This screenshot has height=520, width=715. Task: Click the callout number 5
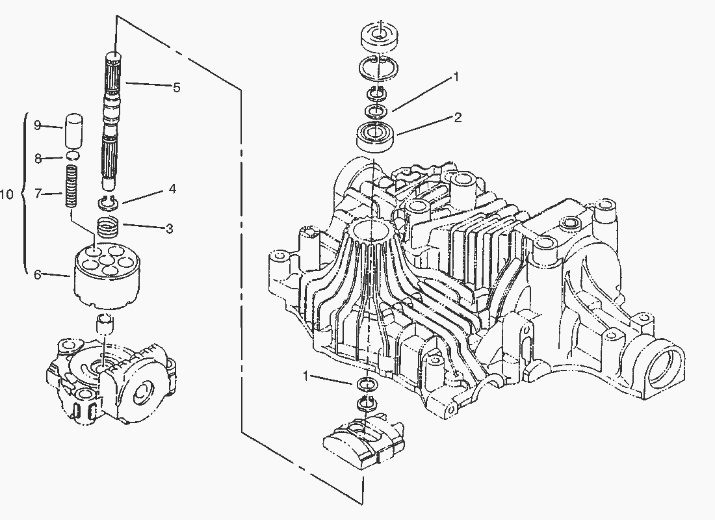click(176, 86)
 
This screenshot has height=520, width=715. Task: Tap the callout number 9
click(38, 124)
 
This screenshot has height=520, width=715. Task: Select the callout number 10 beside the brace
click(7, 194)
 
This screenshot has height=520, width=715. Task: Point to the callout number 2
click(458, 118)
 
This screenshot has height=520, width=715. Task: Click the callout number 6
click(38, 275)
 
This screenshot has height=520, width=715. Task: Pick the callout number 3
click(169, 228)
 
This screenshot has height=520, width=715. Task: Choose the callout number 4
click(172, 189)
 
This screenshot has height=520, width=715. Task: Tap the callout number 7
click(38, 193)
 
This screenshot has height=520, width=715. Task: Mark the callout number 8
click(38, 158)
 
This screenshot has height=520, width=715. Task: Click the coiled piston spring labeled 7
click(73, 185)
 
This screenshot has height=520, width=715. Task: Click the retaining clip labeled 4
click(109, 204)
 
